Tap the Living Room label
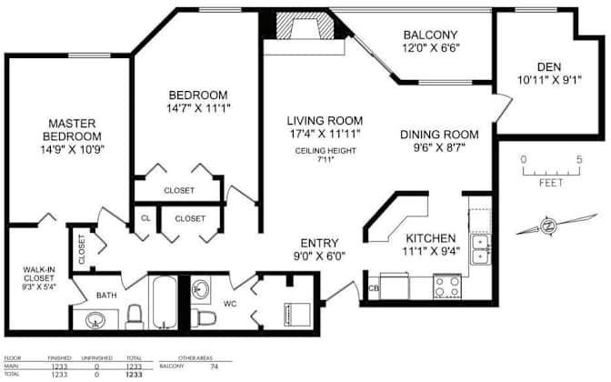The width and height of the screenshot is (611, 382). coord(325,120)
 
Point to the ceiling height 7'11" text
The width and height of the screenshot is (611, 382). coord(325,155)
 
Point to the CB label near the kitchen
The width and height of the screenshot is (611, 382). coord(373,290)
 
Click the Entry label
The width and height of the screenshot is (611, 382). coord(319,244)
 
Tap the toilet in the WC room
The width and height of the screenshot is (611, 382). coord(205,317)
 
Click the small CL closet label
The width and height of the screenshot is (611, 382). coord(145,218)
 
